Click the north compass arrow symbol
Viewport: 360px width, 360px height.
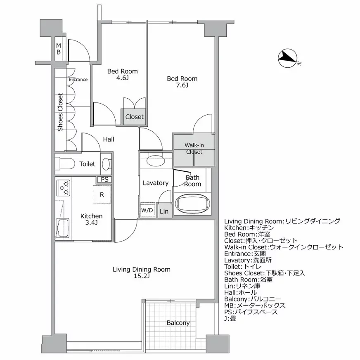click(287, 59)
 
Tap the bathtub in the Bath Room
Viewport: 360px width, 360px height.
click(193, 204)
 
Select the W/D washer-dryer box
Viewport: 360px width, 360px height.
click(147, 210)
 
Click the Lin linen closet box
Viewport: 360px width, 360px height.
click(164, 211)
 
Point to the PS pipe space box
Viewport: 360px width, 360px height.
click(105, 180)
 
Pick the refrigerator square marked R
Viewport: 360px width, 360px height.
click(102, 194)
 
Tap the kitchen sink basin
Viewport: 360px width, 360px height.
click(63, 229)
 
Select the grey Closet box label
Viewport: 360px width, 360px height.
click(134, 117)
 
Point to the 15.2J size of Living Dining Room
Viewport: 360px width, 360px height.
click(142, 277)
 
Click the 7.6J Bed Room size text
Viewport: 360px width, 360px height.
click(182, 86)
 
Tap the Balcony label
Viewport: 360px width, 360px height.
click(178, 323)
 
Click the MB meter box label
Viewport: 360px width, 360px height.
click(59, 49)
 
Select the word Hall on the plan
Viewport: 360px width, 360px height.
click(109, 140)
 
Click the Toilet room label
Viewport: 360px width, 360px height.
click(87, 164)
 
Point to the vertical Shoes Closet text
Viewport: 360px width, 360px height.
click(61, 112)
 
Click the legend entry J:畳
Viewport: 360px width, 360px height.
click(230, 318)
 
